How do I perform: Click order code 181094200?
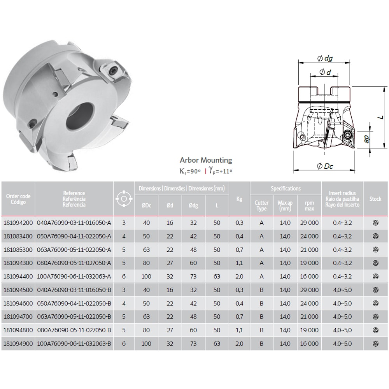point(18,223)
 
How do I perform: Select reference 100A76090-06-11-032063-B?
point(74,343)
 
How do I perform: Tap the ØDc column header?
point(146,205)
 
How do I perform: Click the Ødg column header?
point(193,205)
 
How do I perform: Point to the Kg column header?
point(239,199)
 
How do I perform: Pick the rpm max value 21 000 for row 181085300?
point(309,250)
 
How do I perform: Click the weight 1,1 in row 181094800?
point(239,330)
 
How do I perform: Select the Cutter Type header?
point(261,206)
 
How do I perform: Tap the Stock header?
point(375,199)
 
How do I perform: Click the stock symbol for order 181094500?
point(376,290)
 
